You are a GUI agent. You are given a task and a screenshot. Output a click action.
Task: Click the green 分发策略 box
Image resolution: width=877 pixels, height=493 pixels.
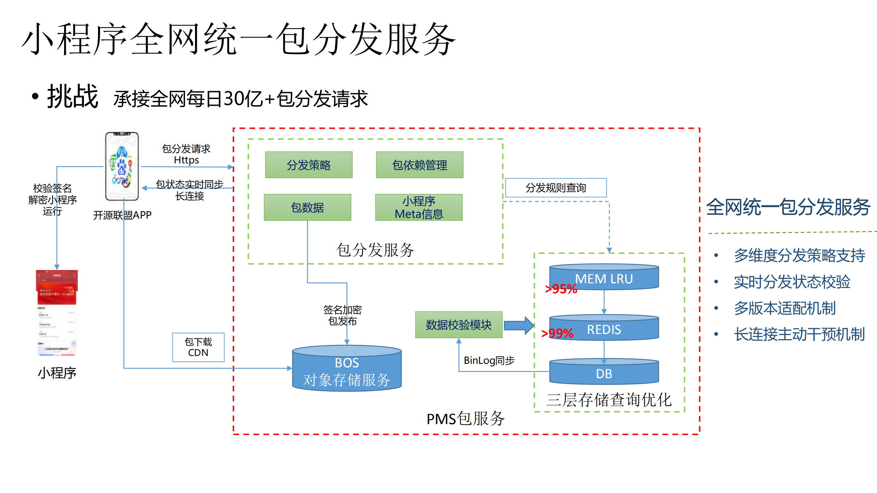[x=308, y=165]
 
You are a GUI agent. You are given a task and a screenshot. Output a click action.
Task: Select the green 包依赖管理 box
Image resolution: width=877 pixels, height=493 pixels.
[x=419, y=165]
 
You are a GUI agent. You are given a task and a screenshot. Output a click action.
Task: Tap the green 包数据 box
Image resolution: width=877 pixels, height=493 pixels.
[x=307, y=207]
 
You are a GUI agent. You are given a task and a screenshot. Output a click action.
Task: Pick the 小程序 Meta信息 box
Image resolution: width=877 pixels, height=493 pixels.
[x=418, y=207]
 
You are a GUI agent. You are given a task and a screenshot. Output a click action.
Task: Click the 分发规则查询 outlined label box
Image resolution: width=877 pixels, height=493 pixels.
[x=556, y=187]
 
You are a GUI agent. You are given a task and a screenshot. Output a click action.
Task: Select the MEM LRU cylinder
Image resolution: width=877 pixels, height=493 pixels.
[x=604, y=278]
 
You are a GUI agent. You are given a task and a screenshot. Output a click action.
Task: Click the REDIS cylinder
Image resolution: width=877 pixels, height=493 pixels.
[x=604, y=328]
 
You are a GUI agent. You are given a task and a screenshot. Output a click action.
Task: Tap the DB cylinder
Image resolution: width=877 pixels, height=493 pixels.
[x=604, y=372]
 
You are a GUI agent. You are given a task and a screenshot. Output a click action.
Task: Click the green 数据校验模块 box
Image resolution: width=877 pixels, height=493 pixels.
[x=459, y=324]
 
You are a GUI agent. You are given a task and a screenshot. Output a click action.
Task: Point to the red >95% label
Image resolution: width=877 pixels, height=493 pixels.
[x=561, y=289]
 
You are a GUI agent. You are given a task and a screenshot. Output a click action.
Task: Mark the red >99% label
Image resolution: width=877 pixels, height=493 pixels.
[x=557, y=333]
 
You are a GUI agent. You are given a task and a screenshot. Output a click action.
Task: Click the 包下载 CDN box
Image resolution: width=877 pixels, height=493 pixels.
[x=198, y=347]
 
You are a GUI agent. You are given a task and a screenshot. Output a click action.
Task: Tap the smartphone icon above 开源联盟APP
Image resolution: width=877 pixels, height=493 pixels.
[x=122, y=166]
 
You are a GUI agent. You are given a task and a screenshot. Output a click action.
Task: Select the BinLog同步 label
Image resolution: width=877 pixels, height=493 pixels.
[x=489, y=360]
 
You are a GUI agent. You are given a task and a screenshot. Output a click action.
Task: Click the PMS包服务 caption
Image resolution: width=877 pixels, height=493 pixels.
[x=465, y=418]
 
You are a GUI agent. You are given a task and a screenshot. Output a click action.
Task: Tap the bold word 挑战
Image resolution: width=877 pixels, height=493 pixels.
[x=73, y=97]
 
